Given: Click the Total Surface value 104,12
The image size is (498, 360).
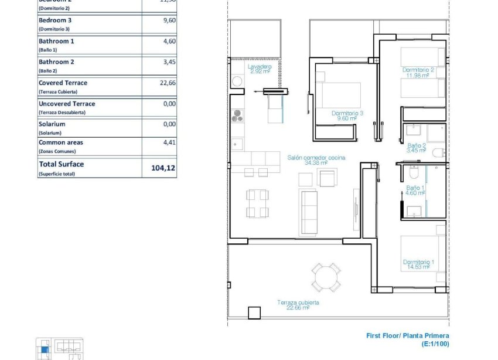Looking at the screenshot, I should coord(163,168).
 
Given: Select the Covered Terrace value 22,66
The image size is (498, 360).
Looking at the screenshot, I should coord(168,83).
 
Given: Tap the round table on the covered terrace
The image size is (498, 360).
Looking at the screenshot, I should coord(325,277).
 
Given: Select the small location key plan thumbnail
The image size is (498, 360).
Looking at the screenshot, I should coord(59,349).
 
